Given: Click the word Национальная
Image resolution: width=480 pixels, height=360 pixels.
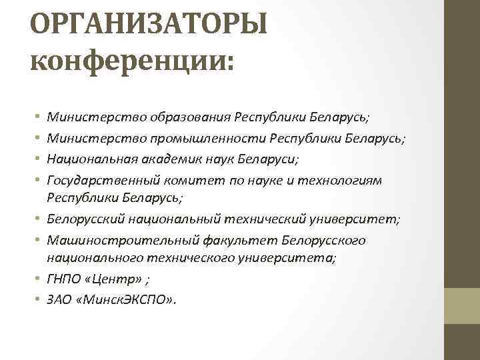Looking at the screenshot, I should (x=89, y=159).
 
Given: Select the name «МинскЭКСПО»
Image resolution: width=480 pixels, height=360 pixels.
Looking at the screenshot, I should (x=125, y=300).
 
